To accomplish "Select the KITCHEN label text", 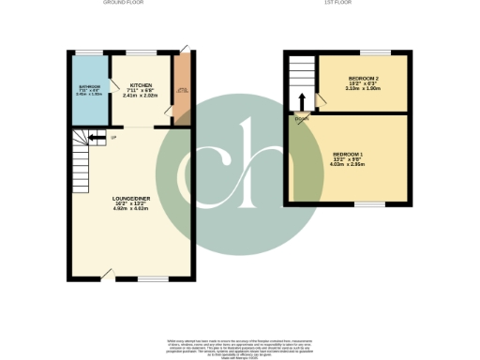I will coord(141,84).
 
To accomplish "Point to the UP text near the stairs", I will coord(114,139).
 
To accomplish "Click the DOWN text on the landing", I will coord(301,118).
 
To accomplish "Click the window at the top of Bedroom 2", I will coord(375,52).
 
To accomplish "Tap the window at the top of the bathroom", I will coord(90,52).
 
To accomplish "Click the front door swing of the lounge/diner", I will coord(110,273).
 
